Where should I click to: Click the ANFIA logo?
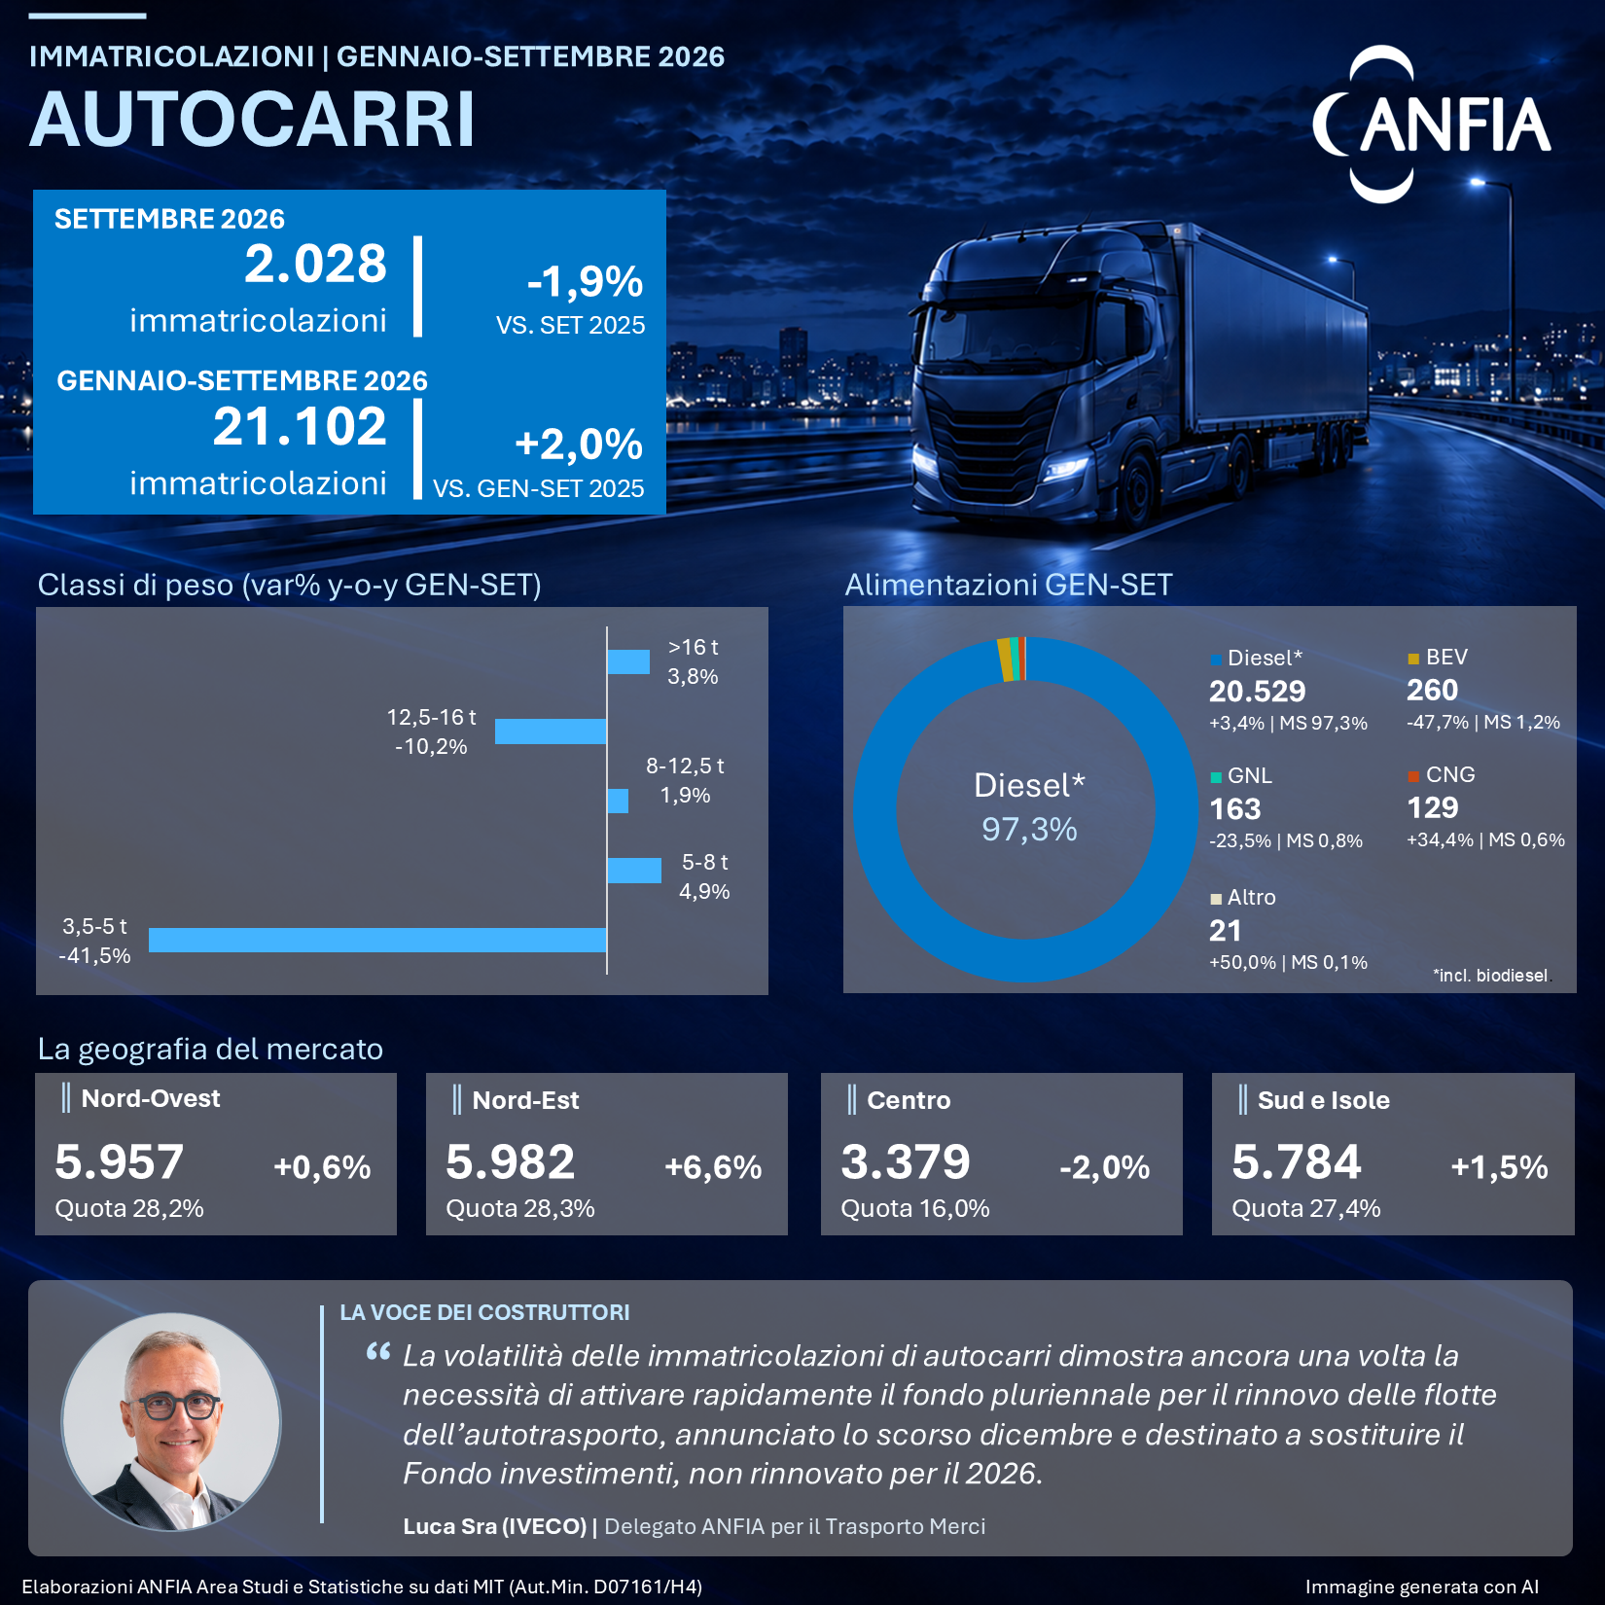point(1431,125)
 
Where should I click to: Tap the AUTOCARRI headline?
point(253,120)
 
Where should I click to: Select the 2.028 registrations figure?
point(315,264)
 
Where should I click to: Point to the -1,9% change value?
point(585,282)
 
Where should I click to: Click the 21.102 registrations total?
point(300,427)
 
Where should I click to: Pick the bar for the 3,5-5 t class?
point(377,940)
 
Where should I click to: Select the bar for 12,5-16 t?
point(551,731)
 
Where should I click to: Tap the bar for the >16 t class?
point(628,661)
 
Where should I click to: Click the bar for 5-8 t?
point(634,871)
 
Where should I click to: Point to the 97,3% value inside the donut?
point(1029,830)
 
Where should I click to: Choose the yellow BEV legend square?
point(1413,659)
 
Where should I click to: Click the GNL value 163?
point(1234,809)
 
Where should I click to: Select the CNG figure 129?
point(1433,808)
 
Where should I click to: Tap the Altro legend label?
point(1251,898)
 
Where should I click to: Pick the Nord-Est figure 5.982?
point(511,1162)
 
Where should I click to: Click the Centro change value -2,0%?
point(1105,1167)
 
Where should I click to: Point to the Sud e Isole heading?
point(1323,1100)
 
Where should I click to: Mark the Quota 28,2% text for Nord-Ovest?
point(129,1209)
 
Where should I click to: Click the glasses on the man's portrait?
point(172,1406)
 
